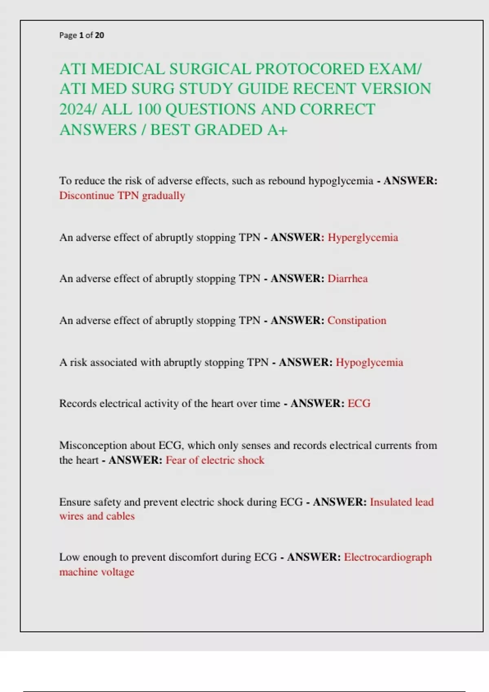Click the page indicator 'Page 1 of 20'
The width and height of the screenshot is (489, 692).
tap(81, 35)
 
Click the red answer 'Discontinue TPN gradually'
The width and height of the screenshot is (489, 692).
tap(122, 196)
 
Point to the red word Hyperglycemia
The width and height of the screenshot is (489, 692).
tap(363, 237)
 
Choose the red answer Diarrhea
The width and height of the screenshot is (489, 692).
tap(348, 278)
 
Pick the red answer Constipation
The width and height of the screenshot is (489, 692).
tap(357, 320)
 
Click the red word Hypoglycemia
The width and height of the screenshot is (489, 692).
tap(369, 362)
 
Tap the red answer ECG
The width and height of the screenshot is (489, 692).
tap(359, 403)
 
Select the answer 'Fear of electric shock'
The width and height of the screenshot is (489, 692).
tap(215, 460)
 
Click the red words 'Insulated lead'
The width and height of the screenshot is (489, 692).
tap(401, 502)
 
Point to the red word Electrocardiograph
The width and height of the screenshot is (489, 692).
tap(388, 557)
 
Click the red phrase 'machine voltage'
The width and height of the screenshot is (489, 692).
tap(97, 572)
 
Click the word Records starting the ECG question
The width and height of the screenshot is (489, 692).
tap(78, 403)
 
